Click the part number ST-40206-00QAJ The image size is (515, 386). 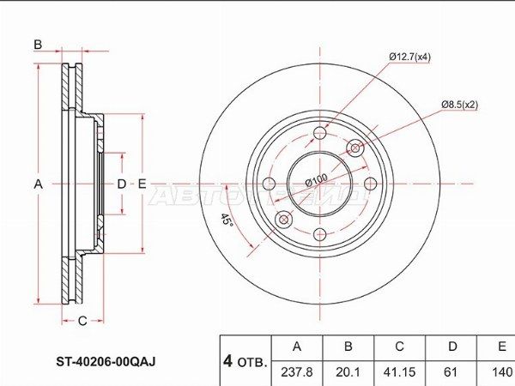pyautogui.click(x=106, y=362)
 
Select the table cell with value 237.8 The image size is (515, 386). pyautogui.click(x=297, y=372)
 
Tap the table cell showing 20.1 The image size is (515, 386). pyautogui.click(x=348, y=372)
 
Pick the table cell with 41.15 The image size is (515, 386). pyautogui.click(x=399, y=372)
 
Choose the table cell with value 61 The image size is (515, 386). pyautogui.click(x=451, y=372)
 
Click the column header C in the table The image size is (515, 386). pyautogui.click(x=399, y=347)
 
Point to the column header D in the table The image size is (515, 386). pyautogui.click(x=451, y=347)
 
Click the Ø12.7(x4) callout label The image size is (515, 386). pyautogui.click(x=409, y=57)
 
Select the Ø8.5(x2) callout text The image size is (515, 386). pyautogui.click(x=460, y=105)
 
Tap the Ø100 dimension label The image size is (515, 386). pyautogui.click(x=316, y=180)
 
